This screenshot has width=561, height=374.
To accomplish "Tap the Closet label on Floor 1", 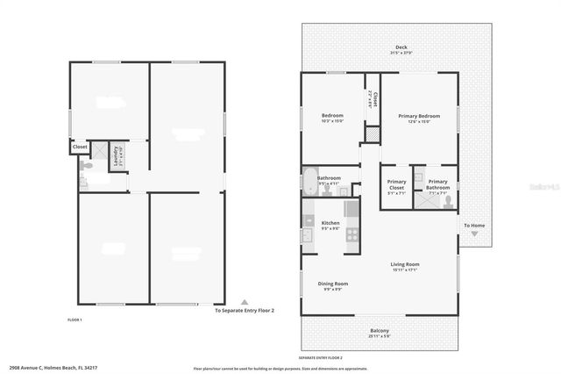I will pyautogui.click(x=80, y=147).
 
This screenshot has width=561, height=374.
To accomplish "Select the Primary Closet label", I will pyautogui.click(x=395, y=184).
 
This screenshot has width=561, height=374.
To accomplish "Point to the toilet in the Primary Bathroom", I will pyautogui.click(x=448, y=200).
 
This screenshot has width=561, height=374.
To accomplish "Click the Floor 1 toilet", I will pyautogui.click(x=82, y=183).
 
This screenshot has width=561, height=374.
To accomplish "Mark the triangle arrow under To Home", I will pyautogui.click(x=474, y=234).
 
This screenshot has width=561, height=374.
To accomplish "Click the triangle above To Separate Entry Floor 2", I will pyautogui.click(x=245, y=301).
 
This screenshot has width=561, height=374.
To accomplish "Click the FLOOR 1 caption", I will pyautogui.click(x=75, y=320).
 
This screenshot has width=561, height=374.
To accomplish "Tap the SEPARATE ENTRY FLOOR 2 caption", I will pyautogui.click(x=320, y=357).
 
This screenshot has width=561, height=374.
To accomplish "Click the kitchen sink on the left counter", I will pyautogui.click(x=308, y=235).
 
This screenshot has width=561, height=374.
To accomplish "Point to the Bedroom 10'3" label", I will pyautogui.click(x=332, y=118).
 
